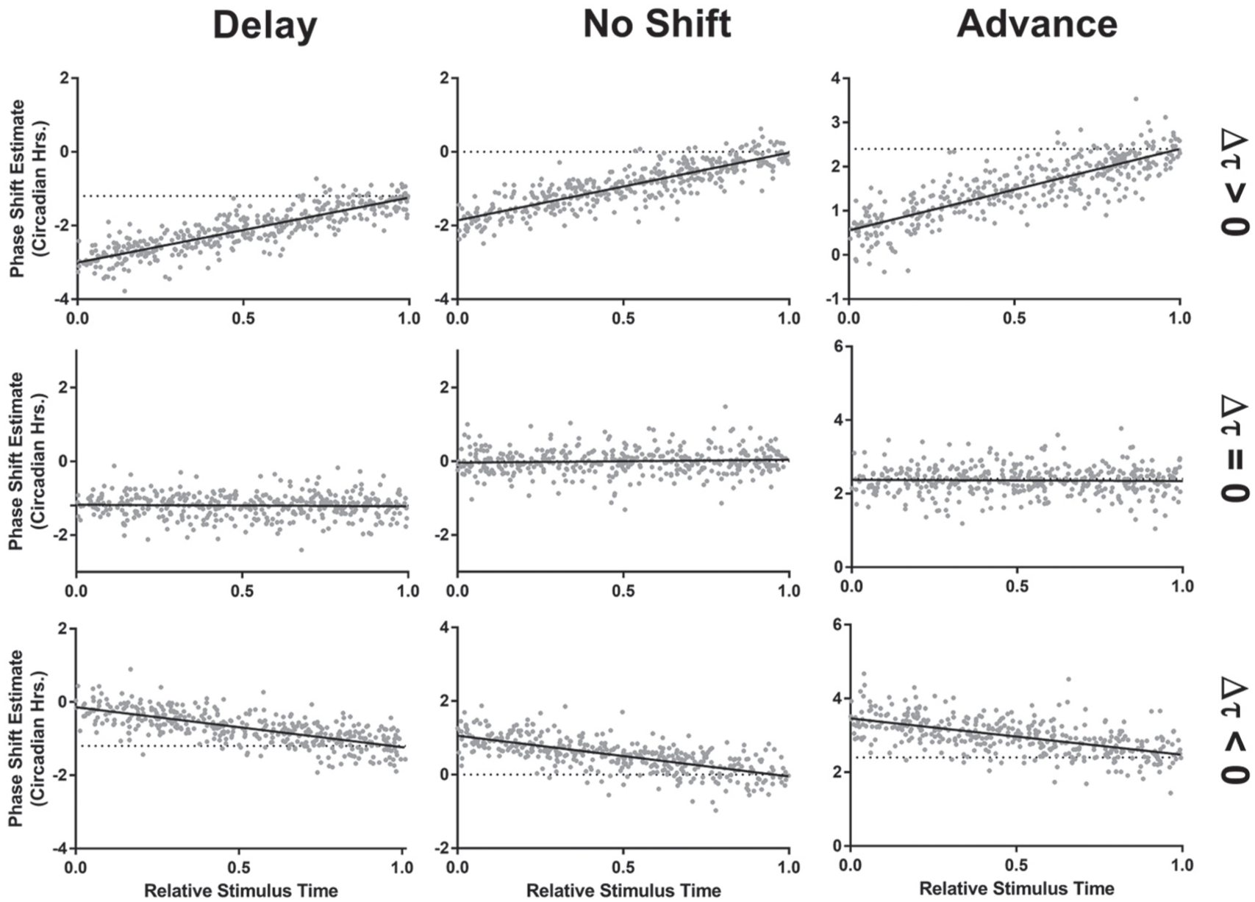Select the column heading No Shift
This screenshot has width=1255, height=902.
(x=657, y=25)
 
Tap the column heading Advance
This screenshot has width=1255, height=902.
(x=1037, y=25)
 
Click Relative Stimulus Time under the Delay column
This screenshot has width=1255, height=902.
(x=241, y=890)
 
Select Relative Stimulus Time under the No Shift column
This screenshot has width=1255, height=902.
(x=623, y=890)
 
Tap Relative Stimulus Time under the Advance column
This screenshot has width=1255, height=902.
(x=1016, y=888)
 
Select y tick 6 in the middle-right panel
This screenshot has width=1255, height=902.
(x=837, y=347)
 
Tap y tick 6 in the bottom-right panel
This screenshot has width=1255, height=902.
(x=837, y=625)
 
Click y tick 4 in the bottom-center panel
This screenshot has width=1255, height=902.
(x=445, y=627)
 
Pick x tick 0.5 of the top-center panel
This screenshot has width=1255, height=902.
(x=623, y=318)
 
